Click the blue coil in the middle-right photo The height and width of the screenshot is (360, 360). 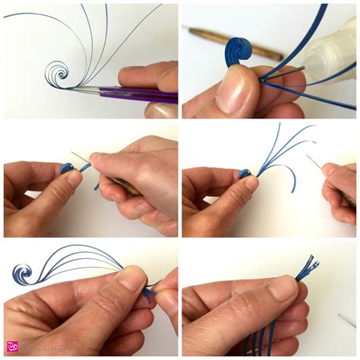pyautogui.click(x=245, y=174)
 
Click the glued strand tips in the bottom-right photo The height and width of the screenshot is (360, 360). pyautogui.click(x=308, y=267)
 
